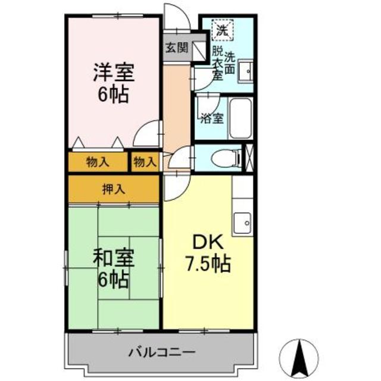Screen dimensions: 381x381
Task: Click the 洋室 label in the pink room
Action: click(x=113, y=74)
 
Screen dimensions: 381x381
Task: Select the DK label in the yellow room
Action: click(x=207, y=242)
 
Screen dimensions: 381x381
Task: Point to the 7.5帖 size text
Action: click(x=207, y=263)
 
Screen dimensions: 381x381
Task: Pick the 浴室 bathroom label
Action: click(x=212, y=117)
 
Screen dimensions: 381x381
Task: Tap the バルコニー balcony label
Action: click(x=162, y=352)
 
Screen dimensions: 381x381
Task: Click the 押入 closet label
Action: click(x=113, y=189)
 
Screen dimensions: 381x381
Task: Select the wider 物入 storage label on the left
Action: click(x=97, y=161)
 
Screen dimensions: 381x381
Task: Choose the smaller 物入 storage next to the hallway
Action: click(x=145, y=161)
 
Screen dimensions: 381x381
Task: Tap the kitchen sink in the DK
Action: click(x=243, y=223)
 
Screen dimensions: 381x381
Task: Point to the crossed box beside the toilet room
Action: click(x=249, y=158)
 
